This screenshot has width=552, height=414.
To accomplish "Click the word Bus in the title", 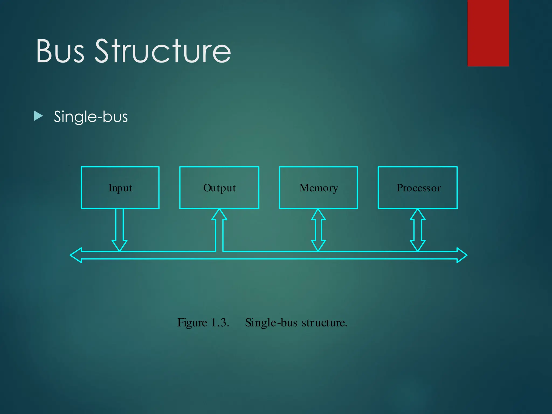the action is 60,51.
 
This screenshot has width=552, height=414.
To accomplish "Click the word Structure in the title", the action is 163,51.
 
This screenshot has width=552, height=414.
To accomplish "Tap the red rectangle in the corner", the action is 488,33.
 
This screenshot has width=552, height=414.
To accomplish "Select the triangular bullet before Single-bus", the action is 39,116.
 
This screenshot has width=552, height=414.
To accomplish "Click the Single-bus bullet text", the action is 91,117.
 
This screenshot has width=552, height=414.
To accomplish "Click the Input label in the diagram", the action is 120,188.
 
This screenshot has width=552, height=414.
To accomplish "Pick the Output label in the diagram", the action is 219,188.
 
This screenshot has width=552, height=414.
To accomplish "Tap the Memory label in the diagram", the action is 319,188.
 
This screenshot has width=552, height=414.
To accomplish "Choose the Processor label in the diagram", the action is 419,188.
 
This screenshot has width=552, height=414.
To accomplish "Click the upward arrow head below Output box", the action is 219,215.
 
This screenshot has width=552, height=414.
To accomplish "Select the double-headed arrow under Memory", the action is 318,230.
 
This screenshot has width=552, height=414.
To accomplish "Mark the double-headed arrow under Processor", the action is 418,230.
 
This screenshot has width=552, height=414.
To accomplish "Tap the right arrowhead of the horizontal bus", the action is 461,255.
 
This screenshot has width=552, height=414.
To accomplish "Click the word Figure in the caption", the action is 192,323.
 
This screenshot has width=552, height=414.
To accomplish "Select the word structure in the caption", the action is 324,323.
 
